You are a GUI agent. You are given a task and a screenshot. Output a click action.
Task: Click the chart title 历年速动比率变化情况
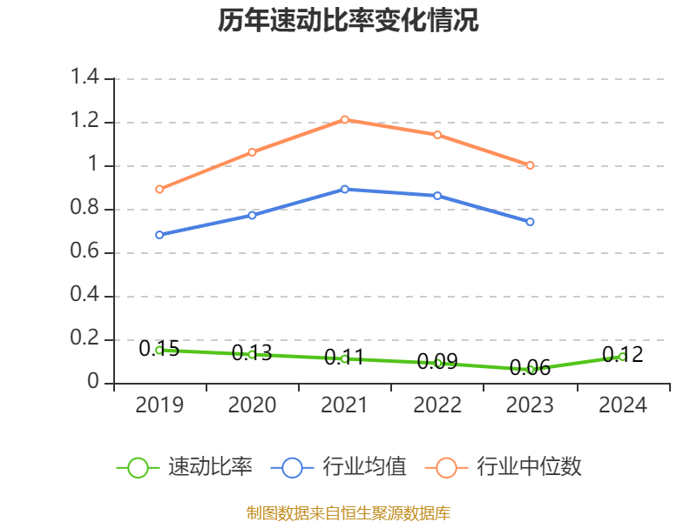coord(348,21)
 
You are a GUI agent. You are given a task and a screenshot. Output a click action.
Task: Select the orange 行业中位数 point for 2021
coord(345,119)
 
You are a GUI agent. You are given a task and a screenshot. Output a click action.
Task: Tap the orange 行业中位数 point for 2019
coord(159,189)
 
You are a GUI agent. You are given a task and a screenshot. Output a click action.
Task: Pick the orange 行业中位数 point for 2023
coord(530,165)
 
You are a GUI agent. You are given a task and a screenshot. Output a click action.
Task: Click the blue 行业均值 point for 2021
coord(345,189)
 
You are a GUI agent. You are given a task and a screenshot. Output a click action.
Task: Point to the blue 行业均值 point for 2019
coord(159,235)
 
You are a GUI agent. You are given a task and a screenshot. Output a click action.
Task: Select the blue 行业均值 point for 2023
coord(530,222)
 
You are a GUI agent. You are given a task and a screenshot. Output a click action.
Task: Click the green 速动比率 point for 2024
coord(622,357)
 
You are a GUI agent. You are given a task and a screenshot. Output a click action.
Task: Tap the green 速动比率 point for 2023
coord(530,370)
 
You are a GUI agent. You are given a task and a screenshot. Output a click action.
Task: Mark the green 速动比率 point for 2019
coord(159,350)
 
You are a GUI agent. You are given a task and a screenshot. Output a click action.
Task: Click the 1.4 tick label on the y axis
coord(86,78)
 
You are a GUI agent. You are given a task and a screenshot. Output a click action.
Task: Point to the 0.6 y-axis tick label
coord(86,252)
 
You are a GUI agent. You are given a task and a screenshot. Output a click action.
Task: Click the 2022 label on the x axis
coord(437,405)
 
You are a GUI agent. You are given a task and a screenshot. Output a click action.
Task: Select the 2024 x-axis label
coord(622,405)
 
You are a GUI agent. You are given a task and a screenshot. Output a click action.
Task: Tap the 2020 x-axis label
coord(252,405)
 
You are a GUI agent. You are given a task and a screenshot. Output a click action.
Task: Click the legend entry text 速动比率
coord(210,467)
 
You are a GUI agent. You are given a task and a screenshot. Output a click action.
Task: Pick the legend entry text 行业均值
coord(364,467)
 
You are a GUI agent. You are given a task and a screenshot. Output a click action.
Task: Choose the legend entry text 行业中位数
coord(529,467)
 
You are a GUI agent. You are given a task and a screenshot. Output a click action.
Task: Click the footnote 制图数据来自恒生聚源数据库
coord(348,512)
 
